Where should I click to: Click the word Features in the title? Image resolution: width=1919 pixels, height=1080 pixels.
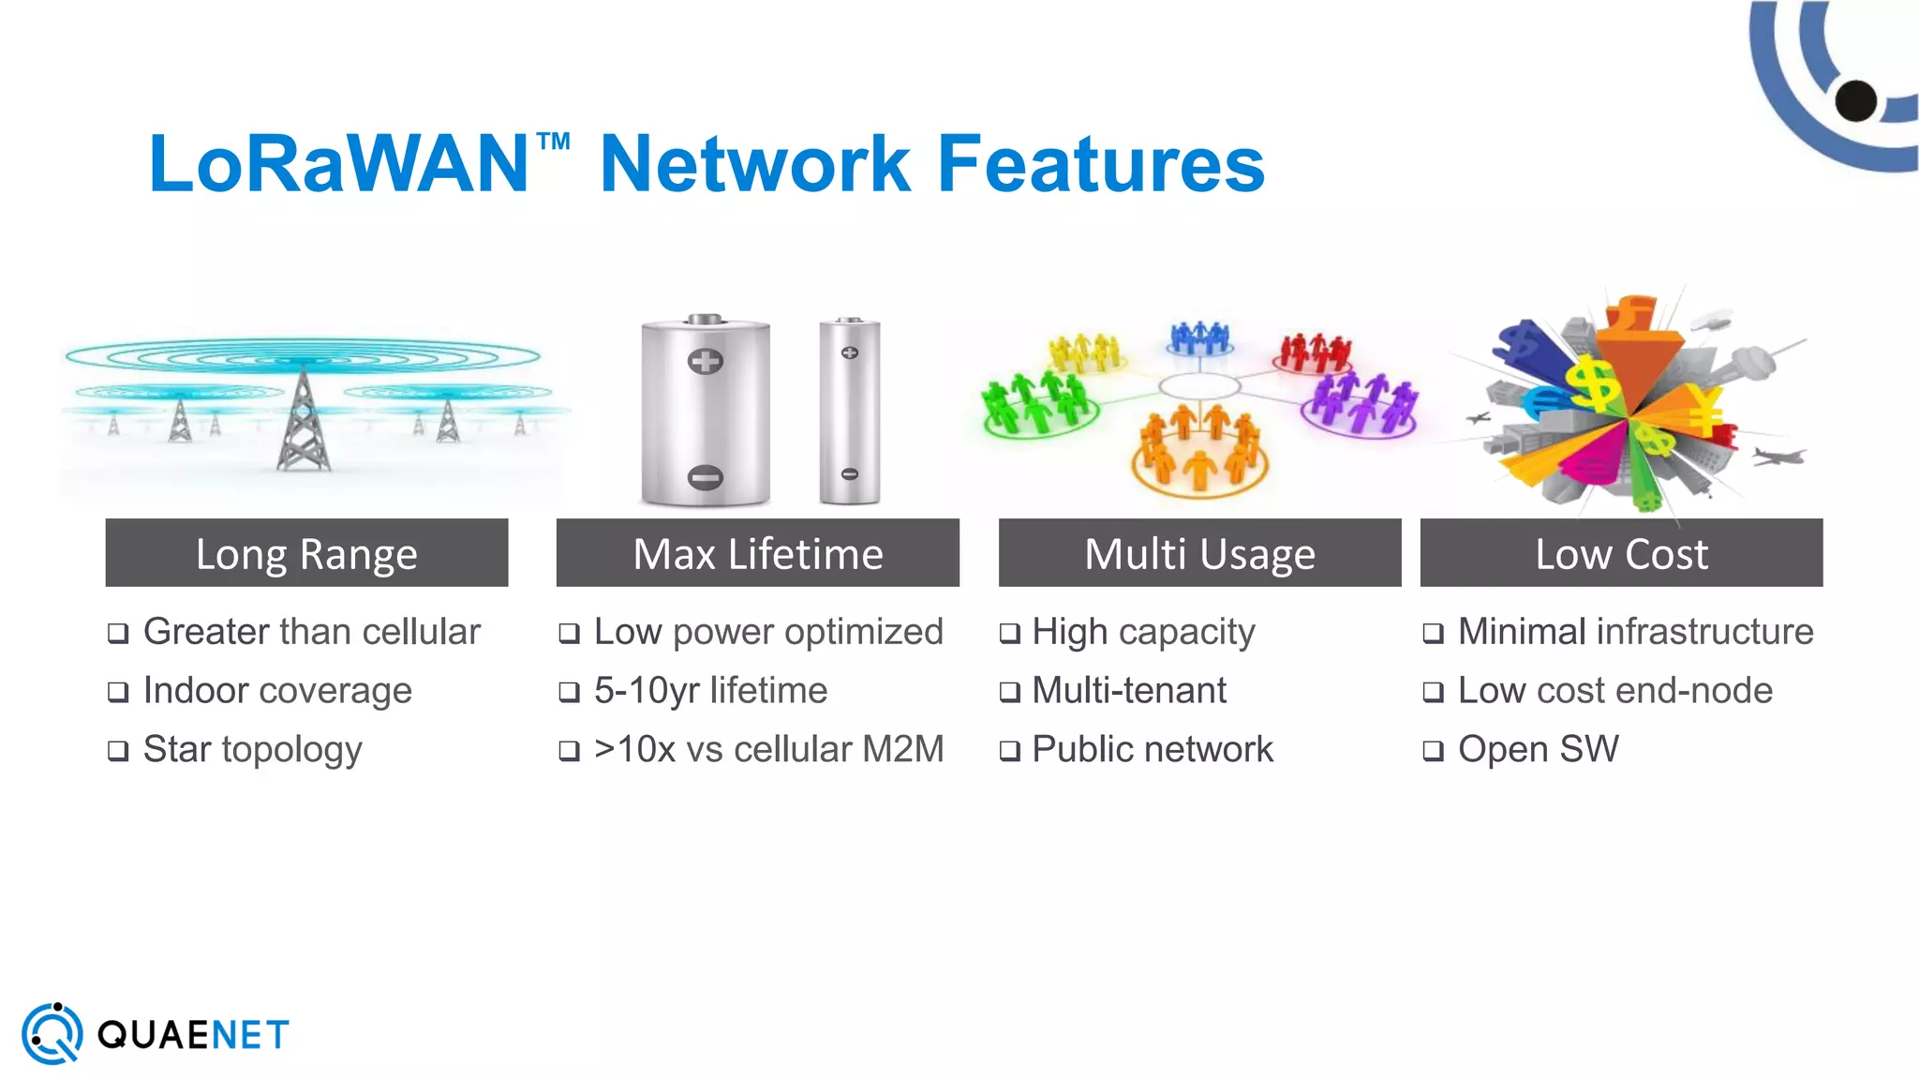pos(1101,164)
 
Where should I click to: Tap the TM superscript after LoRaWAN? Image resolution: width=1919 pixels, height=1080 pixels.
pos(553,142)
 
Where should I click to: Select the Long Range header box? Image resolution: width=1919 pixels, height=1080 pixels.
pos(306,553)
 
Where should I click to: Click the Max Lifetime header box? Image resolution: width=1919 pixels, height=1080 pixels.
pos(757,553)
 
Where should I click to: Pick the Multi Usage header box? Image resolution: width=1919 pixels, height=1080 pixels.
pos(1199,553)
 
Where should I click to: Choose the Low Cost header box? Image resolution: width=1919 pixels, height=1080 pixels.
pos(1621,553)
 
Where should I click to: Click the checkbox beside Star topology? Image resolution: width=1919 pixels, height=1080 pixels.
pos(118,751)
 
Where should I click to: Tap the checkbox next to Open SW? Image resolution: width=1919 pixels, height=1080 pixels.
pos(1433,751)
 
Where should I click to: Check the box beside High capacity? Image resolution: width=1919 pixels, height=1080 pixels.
pos(1009,634)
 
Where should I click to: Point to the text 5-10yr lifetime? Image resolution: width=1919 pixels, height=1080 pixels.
pos(710,691)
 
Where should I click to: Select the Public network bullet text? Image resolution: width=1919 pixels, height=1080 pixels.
pos(1153,749)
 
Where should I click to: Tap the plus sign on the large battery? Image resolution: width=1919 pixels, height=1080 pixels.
pos(706,361)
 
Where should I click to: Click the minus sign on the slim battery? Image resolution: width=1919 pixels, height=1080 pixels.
pos(849,473)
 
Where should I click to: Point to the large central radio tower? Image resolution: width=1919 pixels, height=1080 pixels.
pos(303,422)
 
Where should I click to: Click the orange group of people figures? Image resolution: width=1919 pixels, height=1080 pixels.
pos(1199,450)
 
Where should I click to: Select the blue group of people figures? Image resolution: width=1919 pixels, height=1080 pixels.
pos(1199,337)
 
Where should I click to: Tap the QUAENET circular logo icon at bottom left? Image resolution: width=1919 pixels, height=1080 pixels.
pos(52,1034)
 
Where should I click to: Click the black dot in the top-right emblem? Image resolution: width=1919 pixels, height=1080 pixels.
pos(1855,100)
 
